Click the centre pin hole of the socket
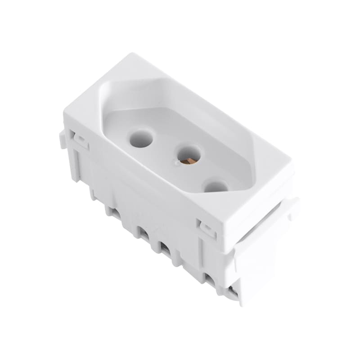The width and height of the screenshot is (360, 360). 189,154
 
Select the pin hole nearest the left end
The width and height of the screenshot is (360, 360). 141,139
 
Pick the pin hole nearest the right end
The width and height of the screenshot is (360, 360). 216,185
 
